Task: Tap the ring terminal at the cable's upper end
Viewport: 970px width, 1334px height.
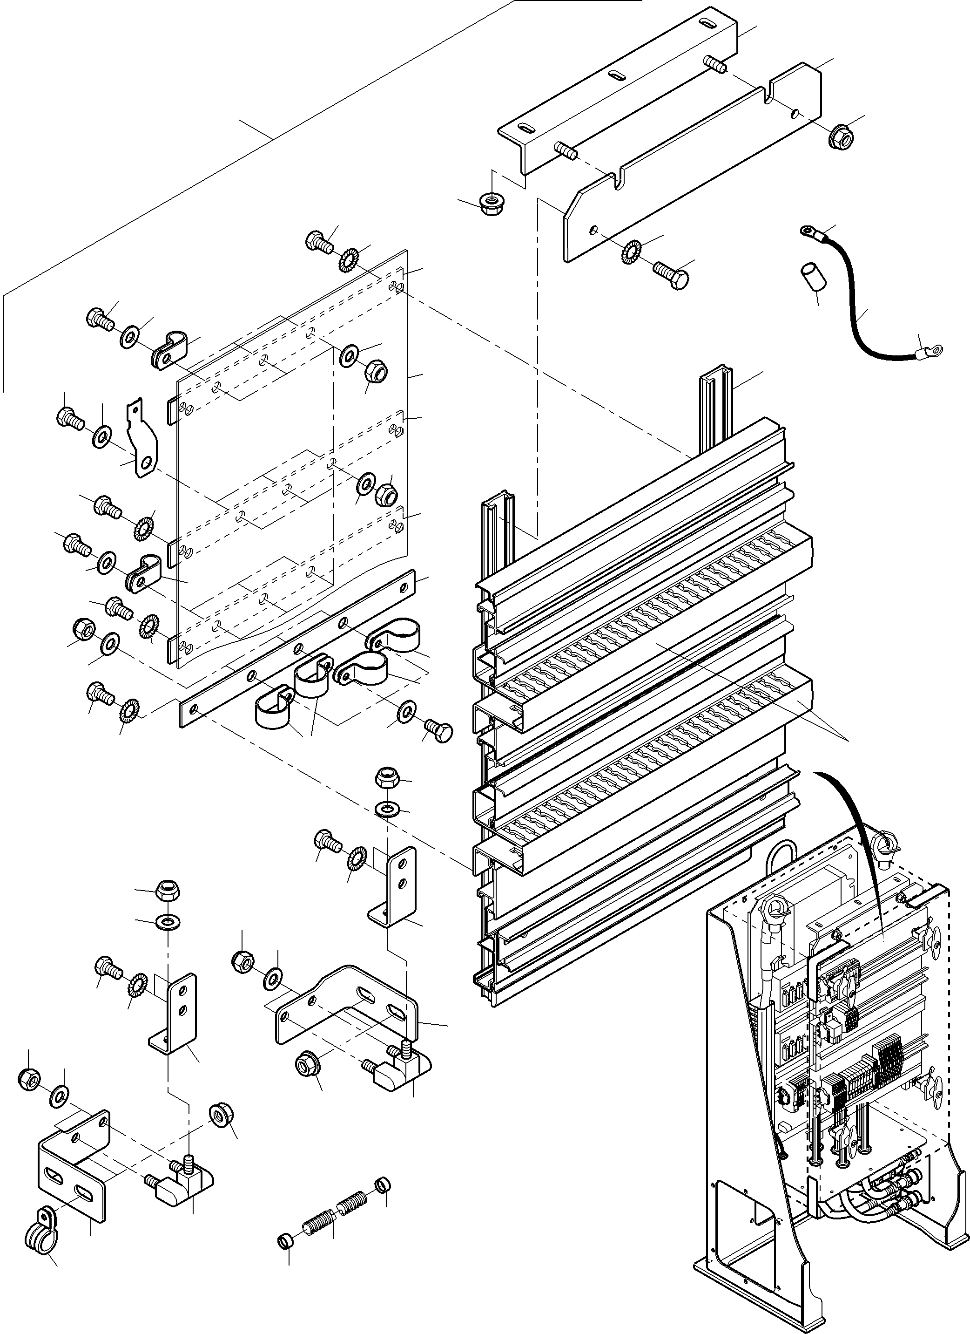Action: pos(808,231)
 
